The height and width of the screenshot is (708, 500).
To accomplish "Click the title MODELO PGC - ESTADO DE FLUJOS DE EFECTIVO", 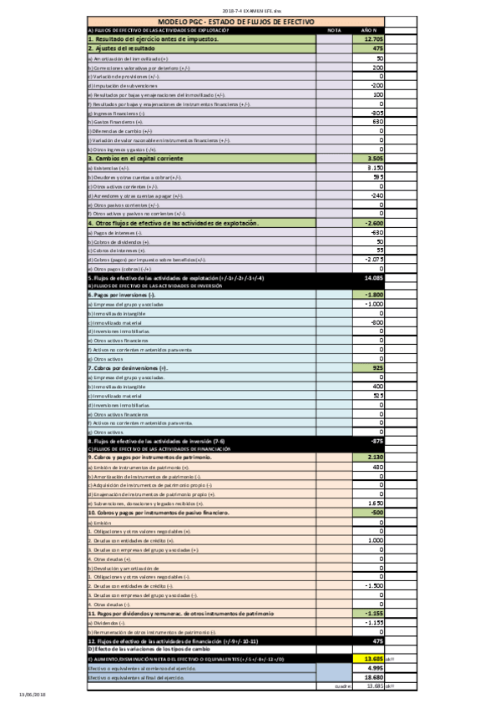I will pyautogui.click(x=235, y=22).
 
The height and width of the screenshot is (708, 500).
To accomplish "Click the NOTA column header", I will pyautogui.click(x=335, y=30).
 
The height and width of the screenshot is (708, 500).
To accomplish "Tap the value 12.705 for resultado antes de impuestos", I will pyautogui.click(x=373, y=39).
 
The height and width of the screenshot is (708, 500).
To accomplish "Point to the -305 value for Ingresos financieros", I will pyautogui.click(x=376, y=113).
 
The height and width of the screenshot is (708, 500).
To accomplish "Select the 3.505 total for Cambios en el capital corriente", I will pyautogui.click(x=375, y=159).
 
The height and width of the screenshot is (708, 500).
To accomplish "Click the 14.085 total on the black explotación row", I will pyautogui.click(x=373, y=278).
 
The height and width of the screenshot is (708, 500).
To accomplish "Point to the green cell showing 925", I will pyautogui.click(x=376, y=368).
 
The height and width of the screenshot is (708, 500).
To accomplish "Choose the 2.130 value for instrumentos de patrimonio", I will pyautogui.click(x=374, y=458).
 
